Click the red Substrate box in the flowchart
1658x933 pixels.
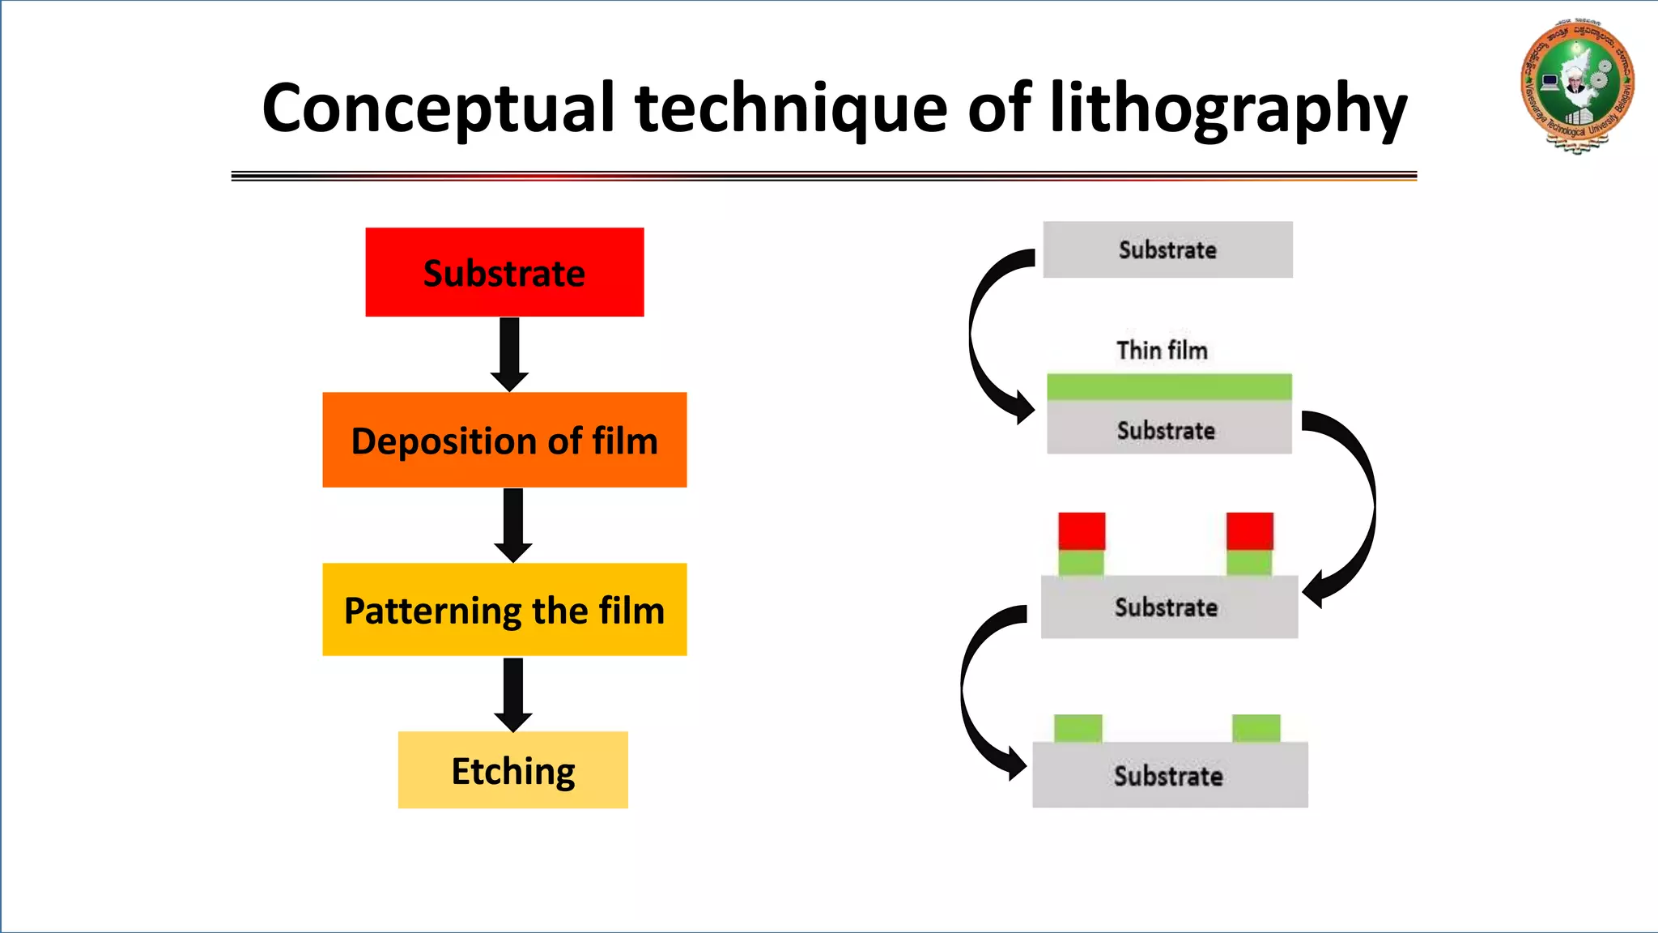pos(504,272)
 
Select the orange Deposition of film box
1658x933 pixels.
pos(504,440)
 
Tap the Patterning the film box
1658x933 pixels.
pos(504,609)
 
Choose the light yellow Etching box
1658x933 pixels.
pos(512,769)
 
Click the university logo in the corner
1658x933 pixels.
pos(1576,86)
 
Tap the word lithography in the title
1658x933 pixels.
pos(1227,109)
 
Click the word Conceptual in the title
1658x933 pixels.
pos(438,109)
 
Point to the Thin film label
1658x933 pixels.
pos(1162,350)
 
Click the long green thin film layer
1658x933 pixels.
pos(1168,387)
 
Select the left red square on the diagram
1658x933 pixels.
pos(1082,531)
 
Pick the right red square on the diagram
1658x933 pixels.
pos(1249,531)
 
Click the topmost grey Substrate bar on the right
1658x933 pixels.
pos(1167,249)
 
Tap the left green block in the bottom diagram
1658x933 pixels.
pos(1078,728)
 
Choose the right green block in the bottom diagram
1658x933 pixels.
pos(1256,728)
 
